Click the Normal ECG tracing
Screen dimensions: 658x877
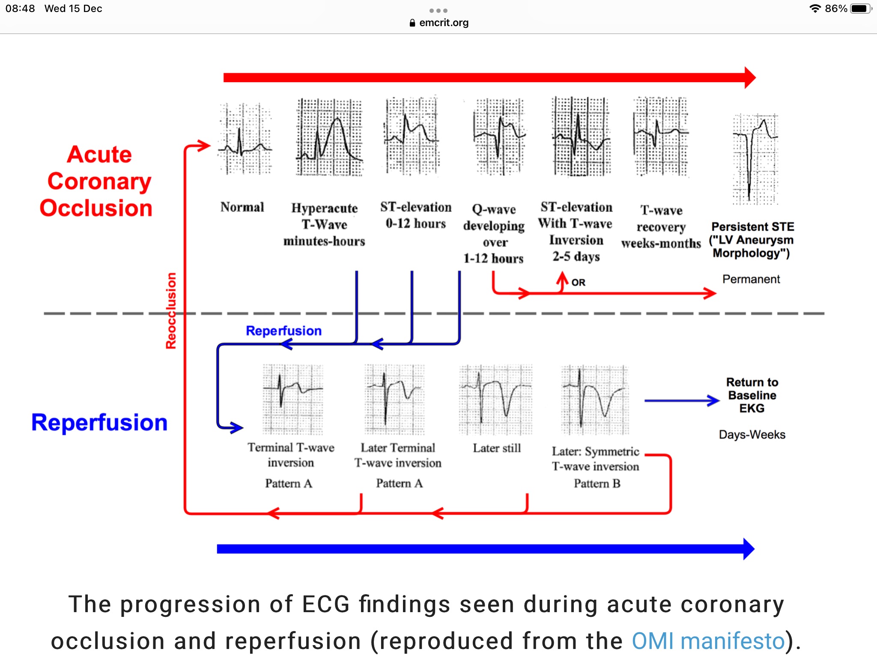coord(245,139)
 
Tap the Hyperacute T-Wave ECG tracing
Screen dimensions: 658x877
coord(329,137)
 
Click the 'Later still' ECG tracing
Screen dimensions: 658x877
coord(495,399)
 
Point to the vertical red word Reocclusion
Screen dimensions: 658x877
coord(171,311)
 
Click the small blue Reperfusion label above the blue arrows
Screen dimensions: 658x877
coord(283,331)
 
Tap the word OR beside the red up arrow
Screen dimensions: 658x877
coord(578,282)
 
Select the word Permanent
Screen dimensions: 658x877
coord(751,279)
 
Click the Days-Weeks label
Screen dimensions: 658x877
coord(752,434)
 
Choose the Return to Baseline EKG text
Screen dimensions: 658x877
coord(752,395)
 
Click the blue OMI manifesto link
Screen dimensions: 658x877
coord(708,641)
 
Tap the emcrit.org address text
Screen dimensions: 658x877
coord(444,23)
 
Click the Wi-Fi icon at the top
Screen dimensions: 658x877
coord(815,9)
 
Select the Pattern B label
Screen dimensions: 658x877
coord(597,484)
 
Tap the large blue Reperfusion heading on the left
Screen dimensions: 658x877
coord(99,422)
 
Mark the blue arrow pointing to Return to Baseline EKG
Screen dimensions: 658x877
coord(682,401)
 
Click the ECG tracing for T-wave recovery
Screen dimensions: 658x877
coord(660,136)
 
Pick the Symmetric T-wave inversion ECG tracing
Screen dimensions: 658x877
coord(595,399)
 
